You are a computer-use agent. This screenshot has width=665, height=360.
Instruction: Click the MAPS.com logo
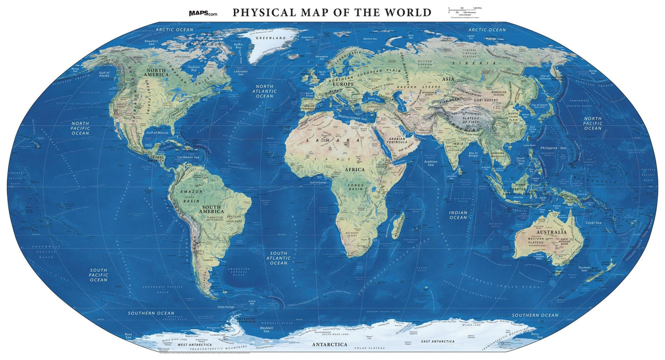204,12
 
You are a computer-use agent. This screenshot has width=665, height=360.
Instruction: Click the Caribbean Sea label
188,157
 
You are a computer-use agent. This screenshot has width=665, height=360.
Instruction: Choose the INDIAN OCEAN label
458,215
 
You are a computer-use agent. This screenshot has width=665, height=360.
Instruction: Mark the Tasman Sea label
588,268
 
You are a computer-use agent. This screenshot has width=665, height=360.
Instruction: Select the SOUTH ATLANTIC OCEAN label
278,258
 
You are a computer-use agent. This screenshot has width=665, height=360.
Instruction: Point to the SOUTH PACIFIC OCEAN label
98,275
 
